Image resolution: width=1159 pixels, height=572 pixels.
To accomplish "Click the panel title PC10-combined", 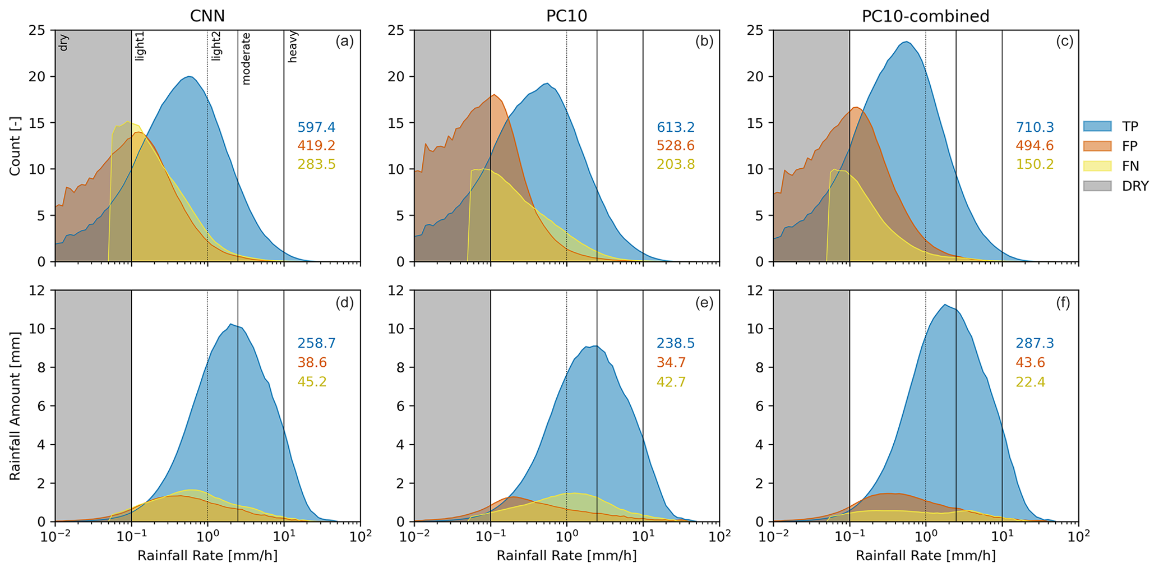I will (925, 16).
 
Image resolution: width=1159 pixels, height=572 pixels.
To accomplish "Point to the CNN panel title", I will (207, 16).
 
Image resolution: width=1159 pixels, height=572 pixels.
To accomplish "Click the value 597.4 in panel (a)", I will (316, 127).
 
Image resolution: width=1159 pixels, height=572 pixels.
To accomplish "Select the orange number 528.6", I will (676, 146).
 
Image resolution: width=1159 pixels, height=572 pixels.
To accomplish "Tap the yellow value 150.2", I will (1035, 164).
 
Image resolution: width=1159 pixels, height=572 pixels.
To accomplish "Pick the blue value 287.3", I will (1035, 343).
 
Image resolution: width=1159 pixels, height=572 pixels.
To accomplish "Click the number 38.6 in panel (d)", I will (313, 362).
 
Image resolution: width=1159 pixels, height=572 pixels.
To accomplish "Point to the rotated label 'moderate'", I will (246, 58).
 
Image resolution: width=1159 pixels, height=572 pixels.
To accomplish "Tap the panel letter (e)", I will (704, 303).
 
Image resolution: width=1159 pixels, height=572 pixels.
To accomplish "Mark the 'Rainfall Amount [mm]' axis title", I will (15, 405).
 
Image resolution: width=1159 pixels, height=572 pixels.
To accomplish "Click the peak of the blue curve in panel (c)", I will (906, 41).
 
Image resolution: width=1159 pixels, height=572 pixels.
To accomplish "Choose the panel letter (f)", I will (1063, 303).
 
